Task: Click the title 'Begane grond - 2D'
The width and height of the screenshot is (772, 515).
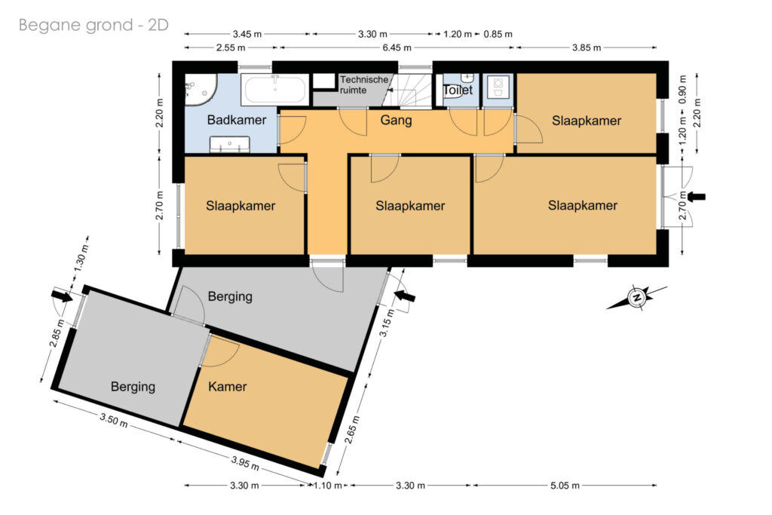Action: pos(93,25)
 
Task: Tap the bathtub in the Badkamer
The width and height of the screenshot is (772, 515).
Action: pos(275,90)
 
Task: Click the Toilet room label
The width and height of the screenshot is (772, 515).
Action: pos(458,90)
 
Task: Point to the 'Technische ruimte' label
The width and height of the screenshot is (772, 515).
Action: pos(364,84)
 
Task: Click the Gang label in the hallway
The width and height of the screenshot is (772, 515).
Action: pos(396,120)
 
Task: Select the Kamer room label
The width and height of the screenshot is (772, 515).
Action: pos(228,386)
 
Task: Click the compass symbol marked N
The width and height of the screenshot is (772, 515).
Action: pos(637,297)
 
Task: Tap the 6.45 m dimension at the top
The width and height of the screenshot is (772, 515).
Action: pos(397,48)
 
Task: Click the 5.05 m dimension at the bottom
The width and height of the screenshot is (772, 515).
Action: pos(565,486)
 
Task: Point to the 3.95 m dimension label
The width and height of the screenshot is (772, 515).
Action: pos(245,463)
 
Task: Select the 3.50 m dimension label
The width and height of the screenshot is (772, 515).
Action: pos(114,420)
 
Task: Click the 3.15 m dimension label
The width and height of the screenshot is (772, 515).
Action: pos(387,323)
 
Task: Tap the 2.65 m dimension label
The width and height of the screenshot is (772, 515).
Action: pos(352,430)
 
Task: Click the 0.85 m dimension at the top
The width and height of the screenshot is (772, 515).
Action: pos(498,35)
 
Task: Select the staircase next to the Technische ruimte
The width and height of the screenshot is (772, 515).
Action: pos(408,90)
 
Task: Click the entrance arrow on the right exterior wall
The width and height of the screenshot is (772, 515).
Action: pos(696,197)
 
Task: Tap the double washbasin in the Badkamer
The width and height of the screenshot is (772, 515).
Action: pos(230,146)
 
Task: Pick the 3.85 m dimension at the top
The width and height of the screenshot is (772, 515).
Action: pos(587,48)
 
